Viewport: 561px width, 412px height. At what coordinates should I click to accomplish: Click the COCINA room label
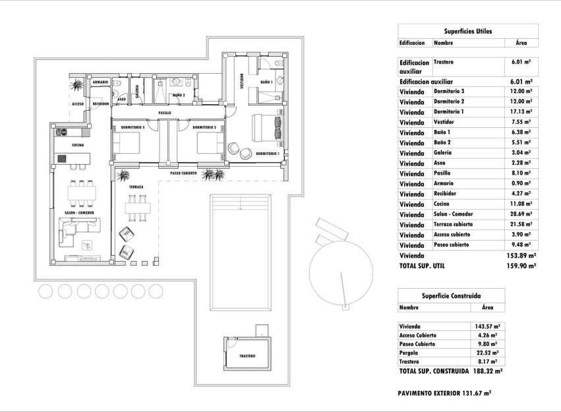coord(78,145)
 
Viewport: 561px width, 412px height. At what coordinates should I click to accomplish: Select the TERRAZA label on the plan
coord(136,187)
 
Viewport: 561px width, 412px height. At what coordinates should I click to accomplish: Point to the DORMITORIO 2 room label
coord(205,127)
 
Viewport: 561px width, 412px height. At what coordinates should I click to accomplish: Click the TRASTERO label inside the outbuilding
coord(247,356)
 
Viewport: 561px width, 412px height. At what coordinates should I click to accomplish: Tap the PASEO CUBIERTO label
coord(185,174)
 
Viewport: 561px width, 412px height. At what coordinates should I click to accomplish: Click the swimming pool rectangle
coord(244,252)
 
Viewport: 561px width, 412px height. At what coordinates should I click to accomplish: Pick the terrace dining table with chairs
coord(138,207)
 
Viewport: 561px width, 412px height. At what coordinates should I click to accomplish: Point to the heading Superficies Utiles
coord(468,31)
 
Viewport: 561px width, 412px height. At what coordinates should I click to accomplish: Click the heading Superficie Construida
coord(452,296)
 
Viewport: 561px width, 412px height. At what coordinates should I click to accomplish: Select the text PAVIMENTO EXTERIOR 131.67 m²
coord(445,393)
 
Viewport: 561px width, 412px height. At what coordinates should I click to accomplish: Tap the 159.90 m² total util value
coord(521,266)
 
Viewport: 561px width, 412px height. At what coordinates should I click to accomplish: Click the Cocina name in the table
coord(442,204)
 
